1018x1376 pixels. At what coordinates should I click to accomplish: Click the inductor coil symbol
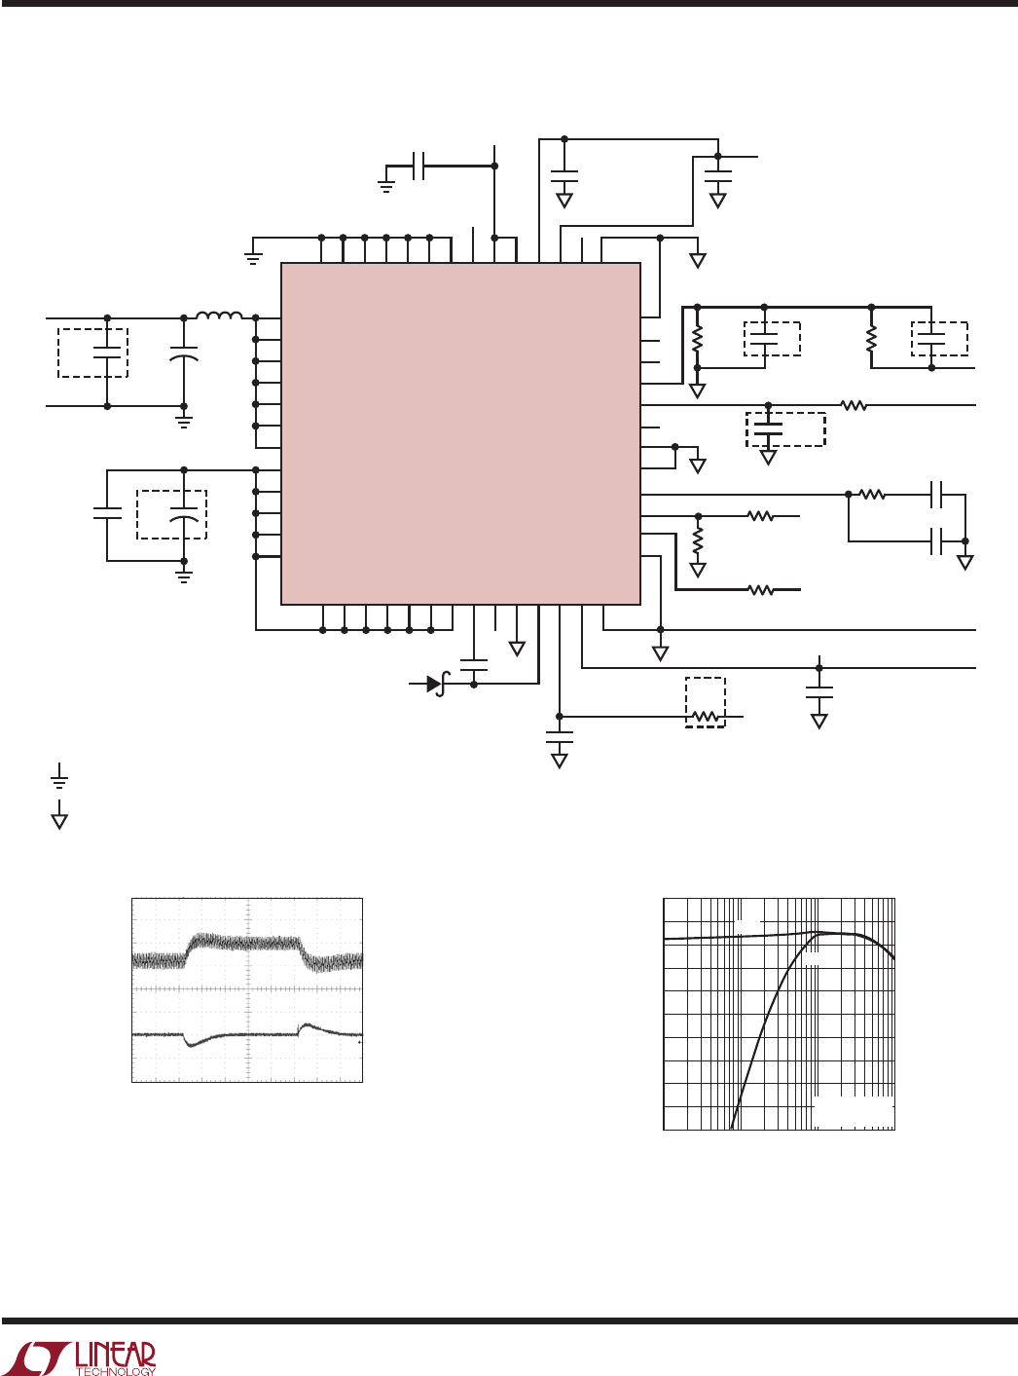click(x=220, y=316)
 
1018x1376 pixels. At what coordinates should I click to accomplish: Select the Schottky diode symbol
click(x=436, y=685)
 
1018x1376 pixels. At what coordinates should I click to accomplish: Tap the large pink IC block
click(x=460, y=433)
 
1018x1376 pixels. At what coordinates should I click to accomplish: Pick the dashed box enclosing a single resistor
click(x=705, y=702)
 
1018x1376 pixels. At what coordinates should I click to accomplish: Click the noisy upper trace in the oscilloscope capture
click(x=247, y=944)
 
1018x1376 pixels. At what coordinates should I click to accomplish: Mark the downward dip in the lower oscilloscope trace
click(x=192, y=1045)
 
